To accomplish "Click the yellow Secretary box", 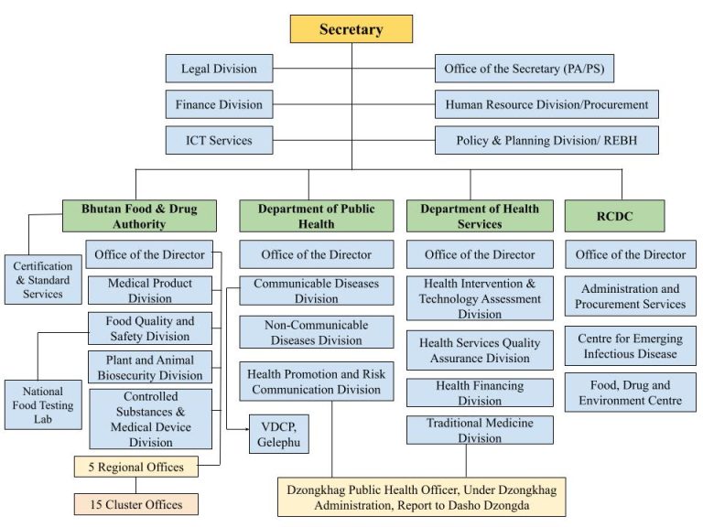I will pos(351,29).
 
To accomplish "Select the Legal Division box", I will pos(219,69).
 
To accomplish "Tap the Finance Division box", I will pos(219,104).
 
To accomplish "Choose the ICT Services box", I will pos(219,140).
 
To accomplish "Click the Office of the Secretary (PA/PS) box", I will pos(546,69).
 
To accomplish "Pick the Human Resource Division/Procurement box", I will pos(546,104).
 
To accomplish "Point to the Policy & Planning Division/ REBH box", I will pos(546,140).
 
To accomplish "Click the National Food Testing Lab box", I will pos(43,404).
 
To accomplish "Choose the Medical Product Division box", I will pos(149,290).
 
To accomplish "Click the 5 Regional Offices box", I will pos(135,467).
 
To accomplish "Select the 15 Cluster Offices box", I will pos(135,504).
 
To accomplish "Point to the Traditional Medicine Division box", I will pos(480,430).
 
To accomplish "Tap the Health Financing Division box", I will pos(480,393).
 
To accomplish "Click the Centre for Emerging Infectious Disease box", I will pos(630,346).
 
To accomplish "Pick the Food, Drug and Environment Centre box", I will pos(630,392).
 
